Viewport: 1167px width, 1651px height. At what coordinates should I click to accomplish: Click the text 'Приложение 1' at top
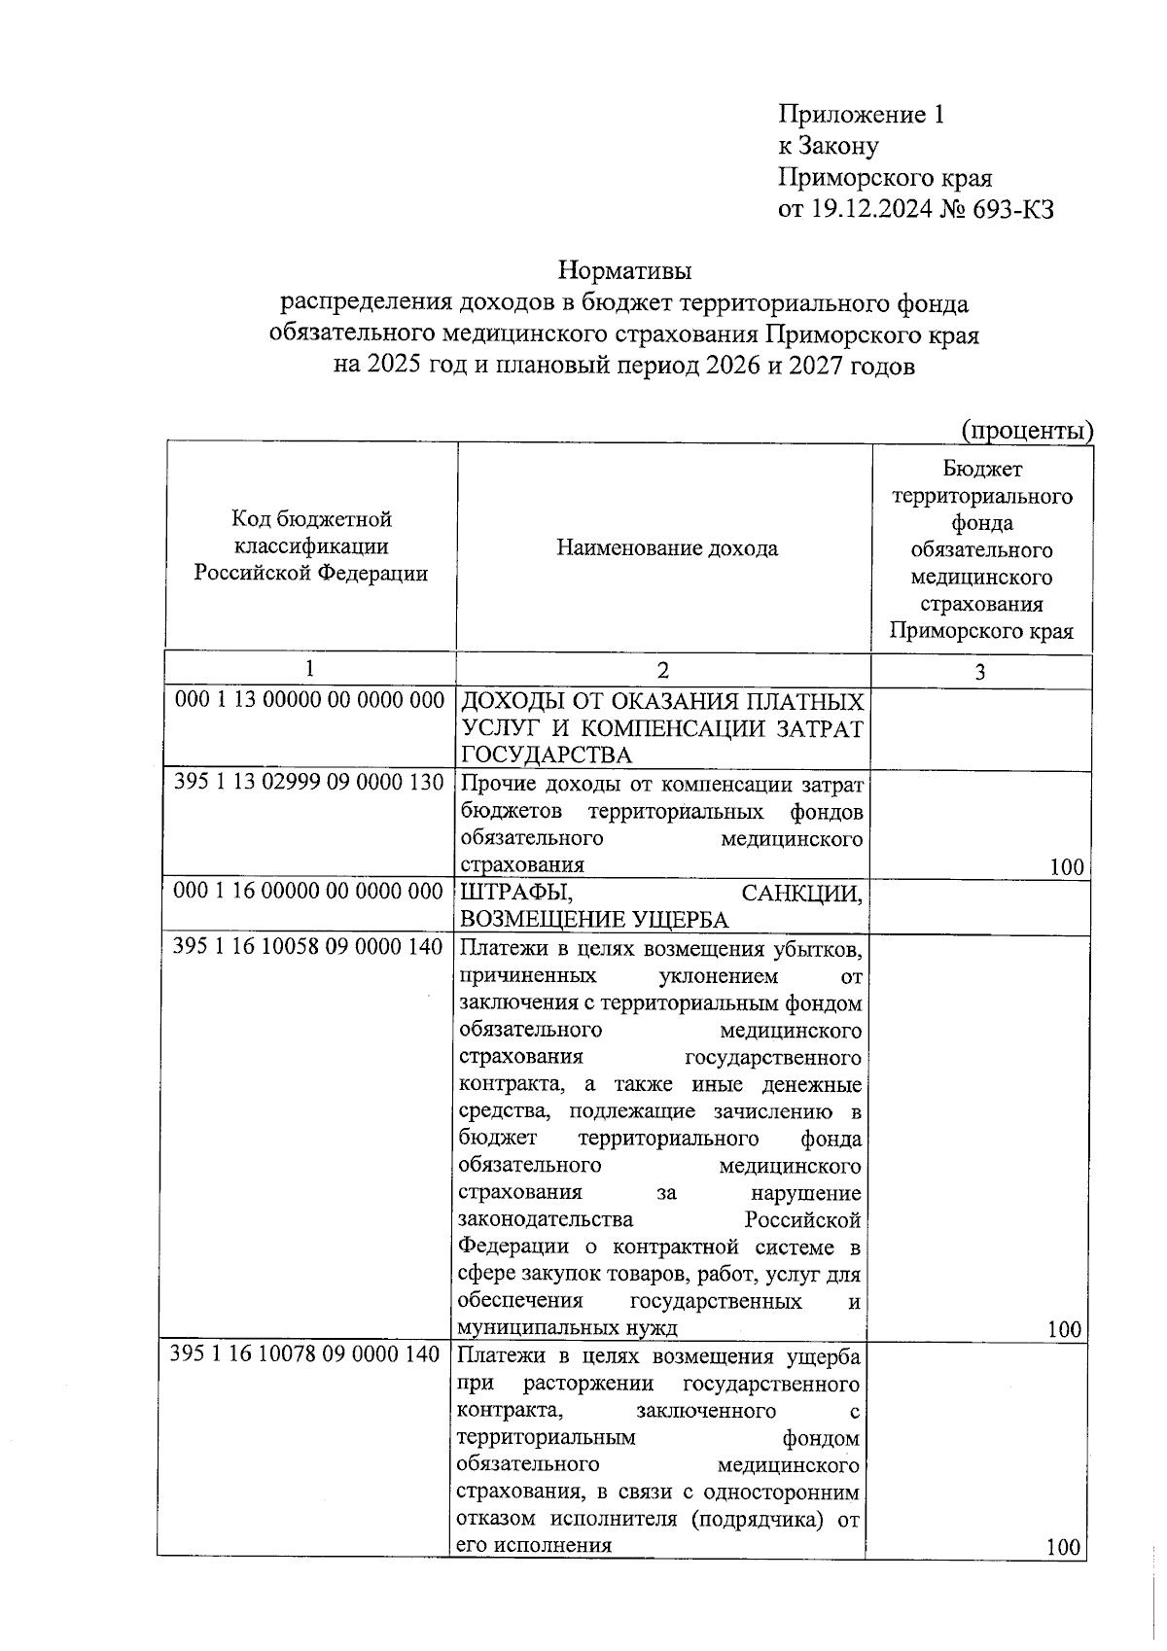coord(861,115)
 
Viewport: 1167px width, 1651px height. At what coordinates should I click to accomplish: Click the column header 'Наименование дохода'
coord(666,548)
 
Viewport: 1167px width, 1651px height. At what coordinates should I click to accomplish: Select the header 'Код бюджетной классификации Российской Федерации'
coord(311,546)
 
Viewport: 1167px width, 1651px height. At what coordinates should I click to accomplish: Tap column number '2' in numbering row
coord(662,670)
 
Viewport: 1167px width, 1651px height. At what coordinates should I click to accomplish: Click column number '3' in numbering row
coord(979,672)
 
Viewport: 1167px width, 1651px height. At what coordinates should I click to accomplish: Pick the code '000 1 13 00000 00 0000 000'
coord(309,700)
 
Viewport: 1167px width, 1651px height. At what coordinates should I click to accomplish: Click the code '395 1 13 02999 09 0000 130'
coord(309,782)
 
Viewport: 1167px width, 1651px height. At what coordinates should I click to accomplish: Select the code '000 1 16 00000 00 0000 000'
coord(309,891)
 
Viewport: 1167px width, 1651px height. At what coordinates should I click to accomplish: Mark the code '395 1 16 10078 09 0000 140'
coord(305,1353)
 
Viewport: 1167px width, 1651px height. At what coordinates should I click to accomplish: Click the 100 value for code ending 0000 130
coord(1067,867)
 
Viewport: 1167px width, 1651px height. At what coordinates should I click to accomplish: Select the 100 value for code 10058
coord(1066,1329)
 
